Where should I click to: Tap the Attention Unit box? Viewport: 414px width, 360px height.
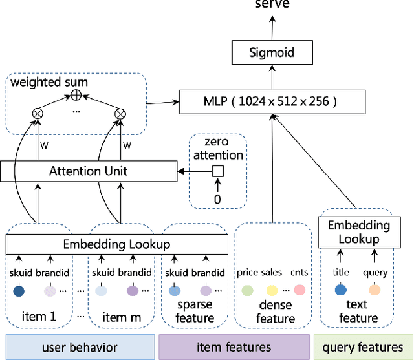tap(89, 171)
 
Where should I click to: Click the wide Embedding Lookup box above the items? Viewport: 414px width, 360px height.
tap(116, 244)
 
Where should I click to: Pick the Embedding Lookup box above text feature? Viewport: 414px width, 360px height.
tap(358, 232)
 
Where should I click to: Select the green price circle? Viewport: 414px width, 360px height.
tap(246, 291)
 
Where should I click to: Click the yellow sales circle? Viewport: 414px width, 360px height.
tap(272, 291)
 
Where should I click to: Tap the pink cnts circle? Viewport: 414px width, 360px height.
tap(299, 291)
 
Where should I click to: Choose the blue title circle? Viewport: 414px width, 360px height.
tap(340, 291)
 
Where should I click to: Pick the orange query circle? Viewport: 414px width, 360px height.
tap(375, 291)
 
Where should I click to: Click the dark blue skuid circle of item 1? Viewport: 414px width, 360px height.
tap(19, 291)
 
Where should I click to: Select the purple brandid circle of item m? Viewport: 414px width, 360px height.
tap(133, 291)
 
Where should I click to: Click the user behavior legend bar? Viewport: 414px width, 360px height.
tap(79, 346)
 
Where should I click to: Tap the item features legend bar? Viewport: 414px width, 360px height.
tap(234, 346)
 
